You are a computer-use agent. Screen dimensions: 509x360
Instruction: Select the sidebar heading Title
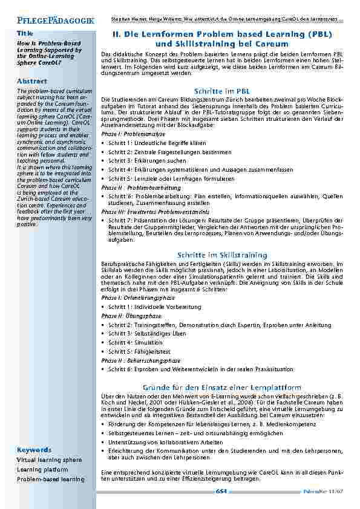click(x=25, y=33)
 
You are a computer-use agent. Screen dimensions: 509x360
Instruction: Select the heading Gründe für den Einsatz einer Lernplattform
click(x=221, y=386)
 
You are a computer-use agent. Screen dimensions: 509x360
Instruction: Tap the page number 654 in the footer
click(x=221, y=491)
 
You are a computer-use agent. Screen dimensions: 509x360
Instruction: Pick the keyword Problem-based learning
click(x=51, y=479)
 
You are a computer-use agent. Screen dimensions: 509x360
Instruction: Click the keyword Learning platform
click(x=42, y=470)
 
